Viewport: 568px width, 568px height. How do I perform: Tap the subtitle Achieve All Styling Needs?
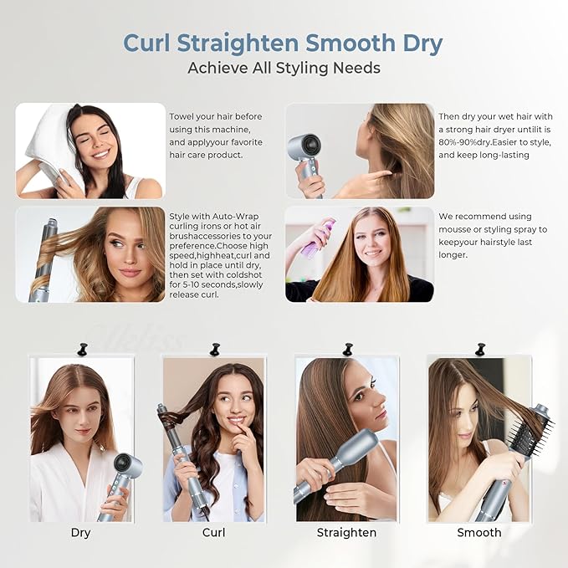pyautogui.click(x=284, y=68)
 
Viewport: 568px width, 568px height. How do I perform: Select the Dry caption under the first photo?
pyautogui.click(x=81, y=533)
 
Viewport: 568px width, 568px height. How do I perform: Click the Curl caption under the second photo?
pyautogui.click(x=213, y=533)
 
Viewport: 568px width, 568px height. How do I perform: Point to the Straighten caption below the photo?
pyautogui.click(x=346, y=533)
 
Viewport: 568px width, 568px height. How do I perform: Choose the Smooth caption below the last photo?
pyautogui.click(x=478, y=533)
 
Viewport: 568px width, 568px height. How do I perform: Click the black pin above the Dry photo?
pyautogui.click(x=82, y=348)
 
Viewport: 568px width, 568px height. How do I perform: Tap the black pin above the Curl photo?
pyautogui.click(x=214, y=348)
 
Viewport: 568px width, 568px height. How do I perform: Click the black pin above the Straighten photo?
pyautogui.click(x=346, y=348)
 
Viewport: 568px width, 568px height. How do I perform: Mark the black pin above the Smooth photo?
pyautogui.click(x=479, y=348)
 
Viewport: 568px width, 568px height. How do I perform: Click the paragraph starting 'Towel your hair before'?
pyautogui.click(x=215, y=136)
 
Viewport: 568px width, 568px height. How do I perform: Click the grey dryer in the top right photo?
pyautogui.click(x=304, y=151)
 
